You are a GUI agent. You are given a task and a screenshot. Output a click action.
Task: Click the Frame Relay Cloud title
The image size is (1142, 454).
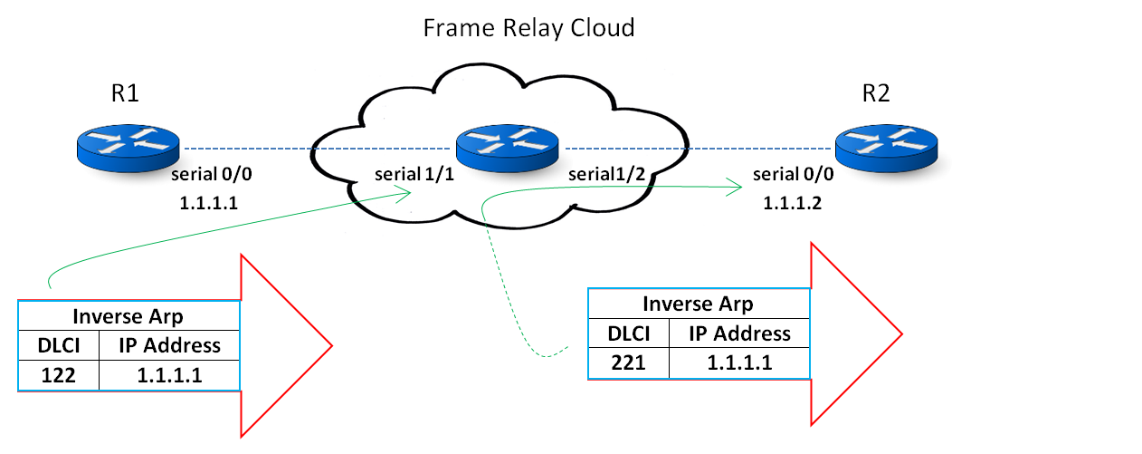coord(528,28)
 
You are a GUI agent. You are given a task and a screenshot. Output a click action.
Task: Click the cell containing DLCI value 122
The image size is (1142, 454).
coord(57,375)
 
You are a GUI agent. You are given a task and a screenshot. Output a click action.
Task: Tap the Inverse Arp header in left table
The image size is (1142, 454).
coord(128,315)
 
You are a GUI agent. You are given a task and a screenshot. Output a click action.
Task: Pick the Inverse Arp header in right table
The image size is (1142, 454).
coord(697,304)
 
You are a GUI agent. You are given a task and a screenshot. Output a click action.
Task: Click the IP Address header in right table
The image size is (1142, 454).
coord(739,333)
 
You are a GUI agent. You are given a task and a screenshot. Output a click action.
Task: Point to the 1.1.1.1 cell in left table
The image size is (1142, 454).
coord(168,375)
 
